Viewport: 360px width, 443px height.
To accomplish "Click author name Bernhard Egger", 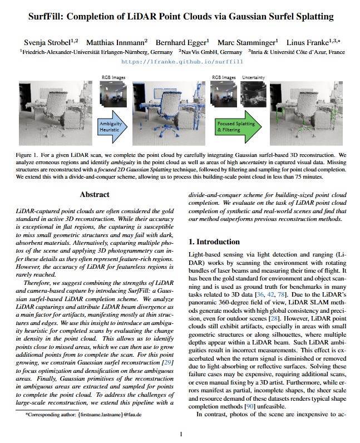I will click(x=182, y=42).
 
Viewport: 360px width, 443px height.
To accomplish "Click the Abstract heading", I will click(x=95, y=195).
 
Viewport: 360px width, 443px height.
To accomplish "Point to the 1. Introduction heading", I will click(x=214, y=242).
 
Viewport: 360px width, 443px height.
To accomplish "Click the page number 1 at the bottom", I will click(x=180, y=434).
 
